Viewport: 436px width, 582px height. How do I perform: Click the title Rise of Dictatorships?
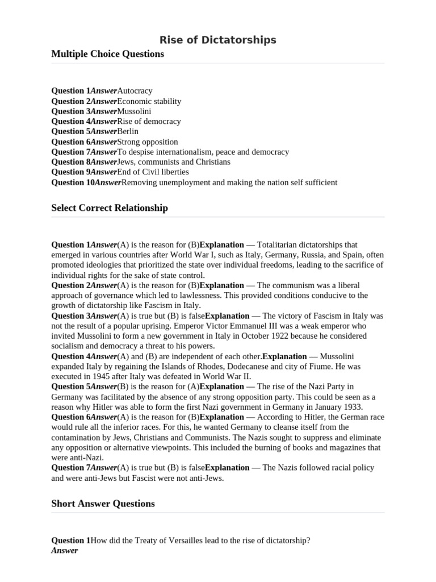pos(217,40)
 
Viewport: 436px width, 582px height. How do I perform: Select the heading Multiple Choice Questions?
pos(107,54)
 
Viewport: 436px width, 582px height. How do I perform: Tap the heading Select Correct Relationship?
pos(110,208)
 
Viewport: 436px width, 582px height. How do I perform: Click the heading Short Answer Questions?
pos(103,504)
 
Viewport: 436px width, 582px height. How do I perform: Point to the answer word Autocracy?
pos(135,91)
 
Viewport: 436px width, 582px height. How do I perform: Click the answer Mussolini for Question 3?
pos(134,111)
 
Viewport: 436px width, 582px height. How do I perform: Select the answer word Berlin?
pos(128,131)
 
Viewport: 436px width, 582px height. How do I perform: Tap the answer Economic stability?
pos(149,101)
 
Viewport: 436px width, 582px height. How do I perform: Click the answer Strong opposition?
pos(148,142)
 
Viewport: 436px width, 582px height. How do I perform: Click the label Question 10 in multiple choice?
pos(73,182)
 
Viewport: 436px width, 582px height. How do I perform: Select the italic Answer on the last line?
pos(64,551)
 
